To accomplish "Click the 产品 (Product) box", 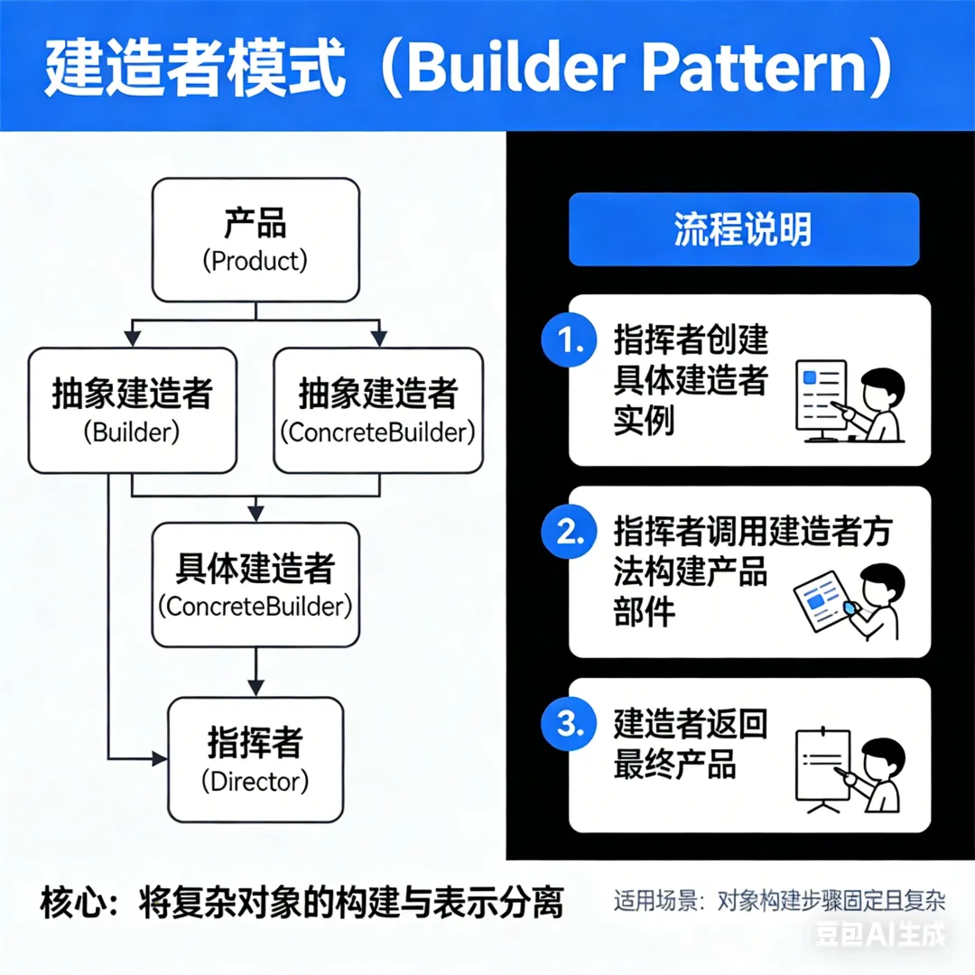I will click(255, 239).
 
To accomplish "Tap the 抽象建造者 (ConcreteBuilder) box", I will click(377, 411).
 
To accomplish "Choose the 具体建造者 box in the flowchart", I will click(255, 584).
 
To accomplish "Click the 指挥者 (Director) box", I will click(255, 759).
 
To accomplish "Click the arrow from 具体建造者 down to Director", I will click(255, 672).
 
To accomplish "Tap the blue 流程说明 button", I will click(743, 229).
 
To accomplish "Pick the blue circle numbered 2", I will click(569, 533).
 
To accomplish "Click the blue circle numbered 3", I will click(569, 723).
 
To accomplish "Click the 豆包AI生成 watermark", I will click(880, 934).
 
